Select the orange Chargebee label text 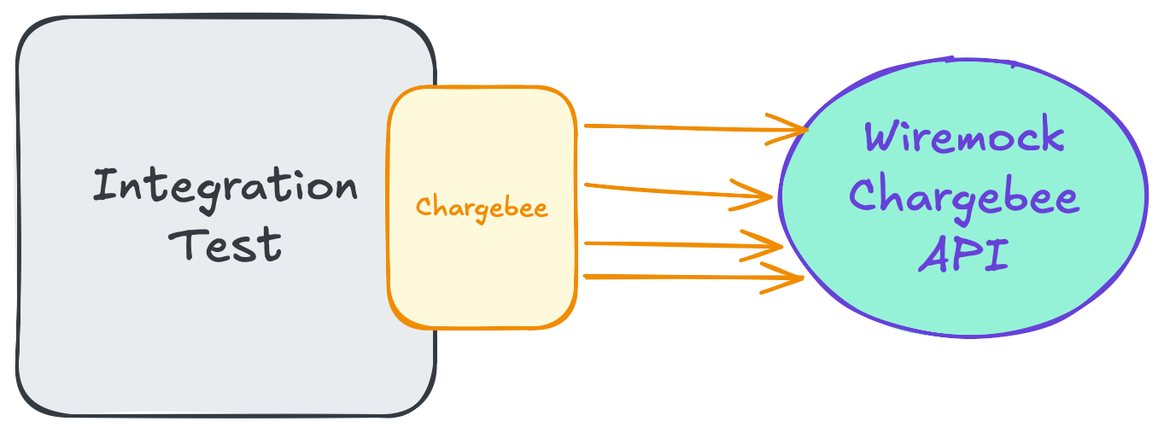(482, 208)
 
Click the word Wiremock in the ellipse (964, 138)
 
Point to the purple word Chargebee (964, 197)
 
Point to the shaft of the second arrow (666, 190)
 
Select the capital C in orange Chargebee (423, 208)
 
